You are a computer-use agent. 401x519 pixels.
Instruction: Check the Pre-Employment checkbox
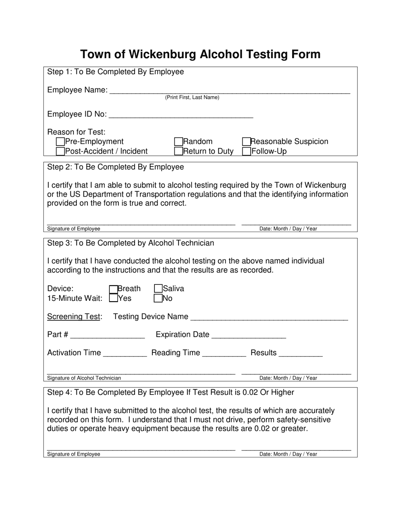click(60, 142)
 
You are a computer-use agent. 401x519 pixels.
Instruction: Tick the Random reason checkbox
click(179, 142)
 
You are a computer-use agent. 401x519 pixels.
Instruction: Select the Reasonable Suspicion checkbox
click(247, 142)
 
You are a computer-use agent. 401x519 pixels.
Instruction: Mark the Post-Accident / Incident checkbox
click(60, 151)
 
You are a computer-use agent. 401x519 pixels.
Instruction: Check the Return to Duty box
click(179, 151)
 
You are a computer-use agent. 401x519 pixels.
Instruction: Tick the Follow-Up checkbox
click(247, 151)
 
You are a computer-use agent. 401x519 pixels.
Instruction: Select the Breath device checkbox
click(113, 289)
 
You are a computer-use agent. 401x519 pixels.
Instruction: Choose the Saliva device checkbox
click(158, 289)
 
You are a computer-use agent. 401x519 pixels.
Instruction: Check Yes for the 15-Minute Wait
click(113, 298)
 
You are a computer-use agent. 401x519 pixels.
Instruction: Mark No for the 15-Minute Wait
click(158, 299)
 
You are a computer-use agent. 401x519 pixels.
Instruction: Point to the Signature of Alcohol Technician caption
click(84, 378)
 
